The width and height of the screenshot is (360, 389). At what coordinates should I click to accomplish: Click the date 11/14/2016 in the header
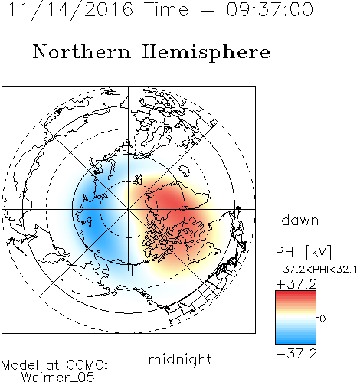pos(70,10)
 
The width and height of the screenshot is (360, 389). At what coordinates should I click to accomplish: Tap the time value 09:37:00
pos(270,9)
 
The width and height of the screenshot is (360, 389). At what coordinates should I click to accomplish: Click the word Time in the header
pos(166,9)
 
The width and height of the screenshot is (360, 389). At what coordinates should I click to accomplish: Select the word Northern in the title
pos(81,51)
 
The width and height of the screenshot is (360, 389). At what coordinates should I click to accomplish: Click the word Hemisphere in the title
pos(206,53)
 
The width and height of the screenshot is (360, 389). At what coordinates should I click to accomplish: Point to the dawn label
pos(300,220)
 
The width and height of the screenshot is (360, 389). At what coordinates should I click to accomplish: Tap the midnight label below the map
pos(180,360)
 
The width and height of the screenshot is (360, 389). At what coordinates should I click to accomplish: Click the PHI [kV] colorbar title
pos(303,252)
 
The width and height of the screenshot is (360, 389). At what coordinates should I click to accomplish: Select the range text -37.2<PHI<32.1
pos(316,270)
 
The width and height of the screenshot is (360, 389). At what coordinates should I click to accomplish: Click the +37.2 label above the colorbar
pos(296,284)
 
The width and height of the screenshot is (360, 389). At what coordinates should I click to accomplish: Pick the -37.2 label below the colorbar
pos(296,354)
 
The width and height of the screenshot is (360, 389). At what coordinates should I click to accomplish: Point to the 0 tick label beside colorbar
pos(322,319)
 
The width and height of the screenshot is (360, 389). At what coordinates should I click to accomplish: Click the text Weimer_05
pos(58,378)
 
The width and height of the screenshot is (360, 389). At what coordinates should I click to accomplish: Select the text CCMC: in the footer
pos(87,365)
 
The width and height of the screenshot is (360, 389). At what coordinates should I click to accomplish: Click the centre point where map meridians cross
pos(129,209)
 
